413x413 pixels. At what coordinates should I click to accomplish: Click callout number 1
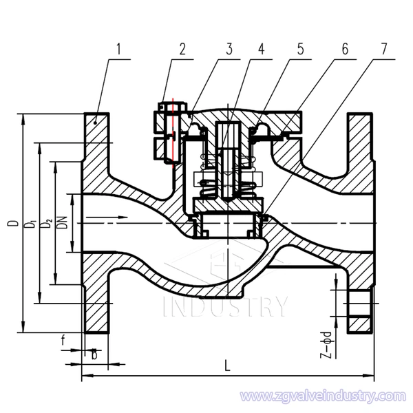click(119, 49)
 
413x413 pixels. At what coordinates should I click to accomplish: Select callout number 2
click(182, 49)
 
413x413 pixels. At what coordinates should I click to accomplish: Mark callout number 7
click(383, 49)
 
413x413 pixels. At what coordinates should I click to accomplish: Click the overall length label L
click(228, 366)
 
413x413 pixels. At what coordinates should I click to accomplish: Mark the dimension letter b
click(94, 354)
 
